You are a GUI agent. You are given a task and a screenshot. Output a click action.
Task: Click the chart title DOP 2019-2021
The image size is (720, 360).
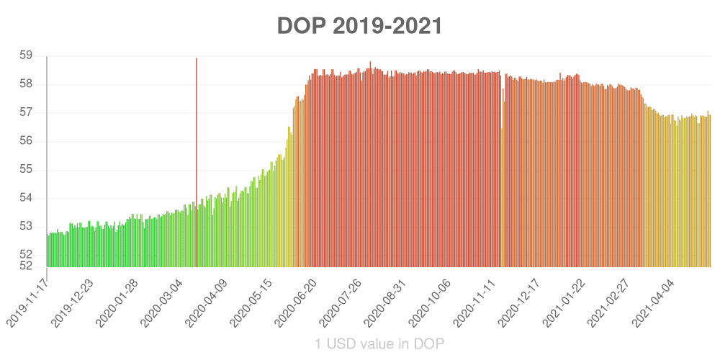[359, 26]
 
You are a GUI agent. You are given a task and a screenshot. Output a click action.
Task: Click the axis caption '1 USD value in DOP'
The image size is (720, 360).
[379, 344]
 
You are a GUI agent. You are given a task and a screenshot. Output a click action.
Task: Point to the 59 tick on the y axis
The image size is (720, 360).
[26, 55]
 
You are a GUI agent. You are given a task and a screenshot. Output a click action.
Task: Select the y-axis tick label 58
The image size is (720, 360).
[26, 84]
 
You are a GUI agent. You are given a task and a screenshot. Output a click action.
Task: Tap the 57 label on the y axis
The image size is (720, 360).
[26, 112]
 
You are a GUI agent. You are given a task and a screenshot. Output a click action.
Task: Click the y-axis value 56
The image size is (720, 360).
[26, 141]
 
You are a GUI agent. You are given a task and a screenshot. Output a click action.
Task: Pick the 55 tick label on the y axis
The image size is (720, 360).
[26, 169]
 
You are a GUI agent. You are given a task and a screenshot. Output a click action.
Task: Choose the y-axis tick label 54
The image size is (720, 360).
[26, 198]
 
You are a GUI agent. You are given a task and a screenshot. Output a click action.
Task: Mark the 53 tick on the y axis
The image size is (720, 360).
[26, 226]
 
